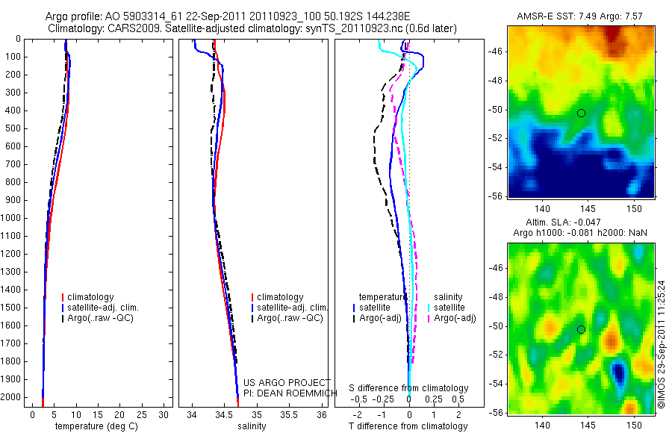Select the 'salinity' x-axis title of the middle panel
point(251,426)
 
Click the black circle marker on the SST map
point(581,113)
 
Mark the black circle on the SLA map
point(581,329)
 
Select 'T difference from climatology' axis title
point(408,426)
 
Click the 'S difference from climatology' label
point(408,388)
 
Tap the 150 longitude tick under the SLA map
point(634,425)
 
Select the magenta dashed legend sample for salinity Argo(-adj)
point(429,318)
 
